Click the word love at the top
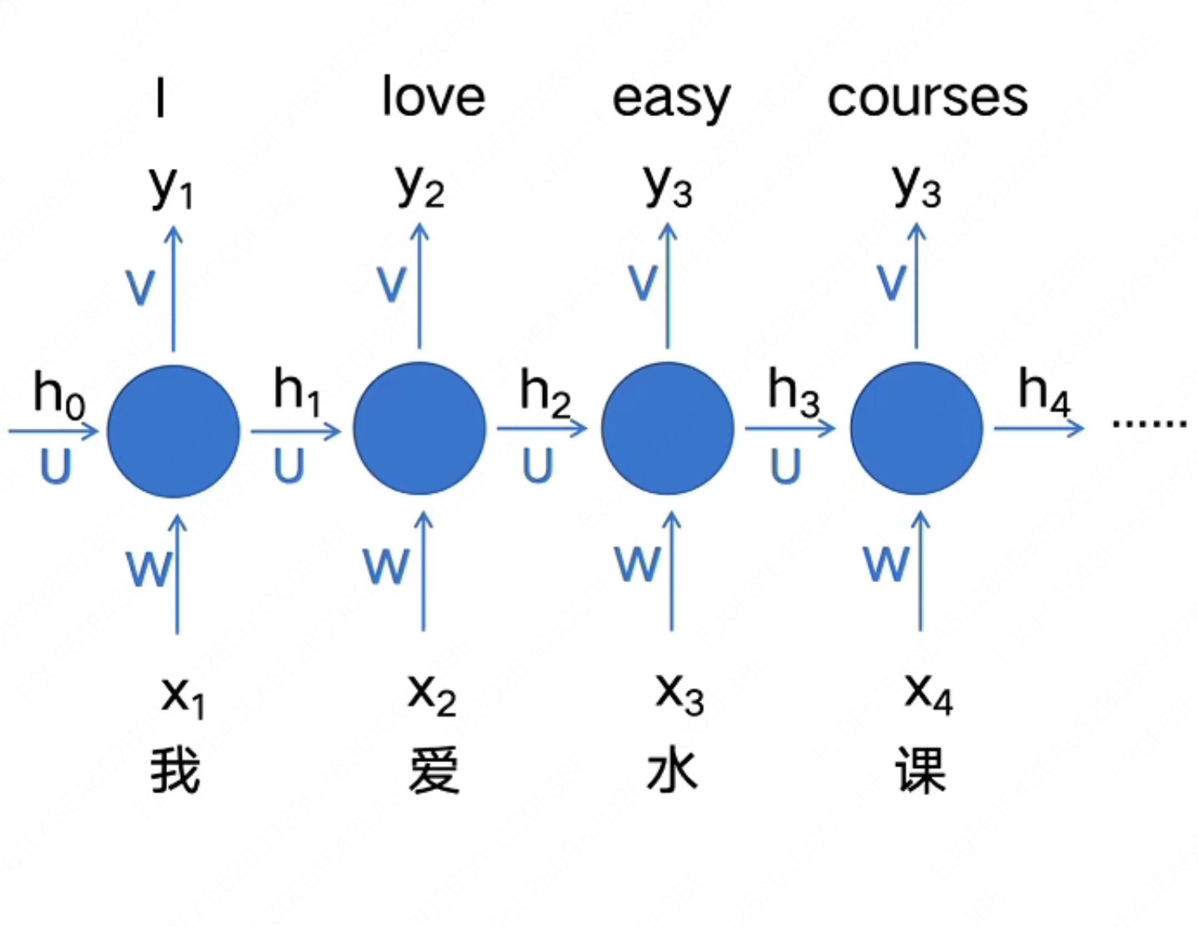433,97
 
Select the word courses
927,97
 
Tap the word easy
670,99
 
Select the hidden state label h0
58,394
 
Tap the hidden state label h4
1044,390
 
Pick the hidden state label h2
545,390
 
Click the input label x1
183,696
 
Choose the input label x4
929,694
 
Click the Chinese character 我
175,770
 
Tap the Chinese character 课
920,770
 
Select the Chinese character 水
672,770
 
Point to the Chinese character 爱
433,770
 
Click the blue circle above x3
667,429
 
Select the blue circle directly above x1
174,430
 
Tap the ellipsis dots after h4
1148,423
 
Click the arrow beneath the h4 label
1039,428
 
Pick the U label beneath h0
55,467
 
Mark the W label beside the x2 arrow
386,565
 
